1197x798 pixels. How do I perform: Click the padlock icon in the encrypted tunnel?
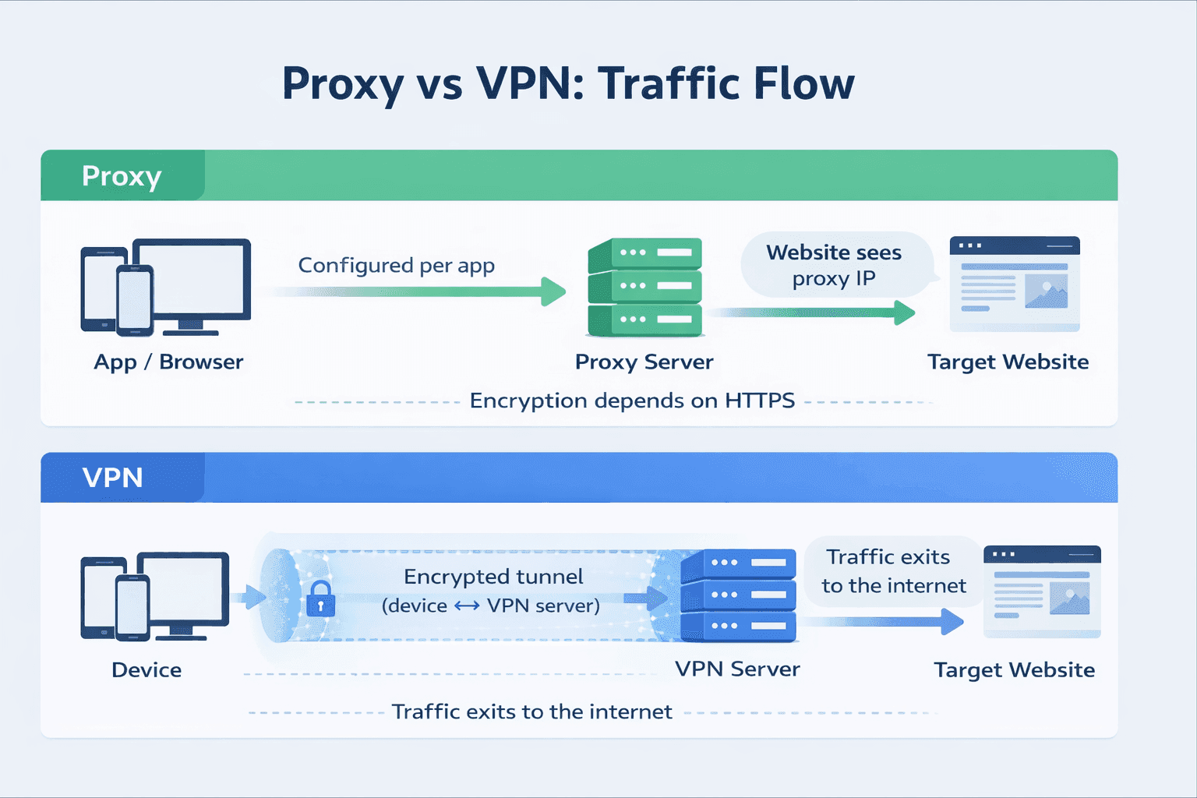[x=320, y=598]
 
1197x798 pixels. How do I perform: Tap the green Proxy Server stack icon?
[x=645, y=288]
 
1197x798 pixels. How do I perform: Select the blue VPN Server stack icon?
[x=738, y=595]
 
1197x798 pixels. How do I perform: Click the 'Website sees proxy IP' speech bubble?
[x=835, y=265]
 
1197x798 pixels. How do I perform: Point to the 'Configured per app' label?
[x=396, y=266]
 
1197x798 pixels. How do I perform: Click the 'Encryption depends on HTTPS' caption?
[x=631, y=401]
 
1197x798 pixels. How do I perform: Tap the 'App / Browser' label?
[x=168, y=362]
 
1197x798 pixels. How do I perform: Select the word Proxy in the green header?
[x=122, y=176]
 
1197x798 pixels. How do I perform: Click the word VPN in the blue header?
[x=113, y=477]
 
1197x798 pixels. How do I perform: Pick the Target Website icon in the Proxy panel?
[x=1015, y=284]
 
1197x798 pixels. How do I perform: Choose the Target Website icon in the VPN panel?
[x=1042, y=591]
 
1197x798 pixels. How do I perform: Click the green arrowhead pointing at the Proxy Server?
[x=554, y=291]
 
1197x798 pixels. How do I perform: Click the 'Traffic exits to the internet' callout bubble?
[x=893, y=571]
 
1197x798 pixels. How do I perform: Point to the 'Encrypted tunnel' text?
[x=493, y=577]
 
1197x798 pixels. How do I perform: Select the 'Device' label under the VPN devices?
[x=147, y=670]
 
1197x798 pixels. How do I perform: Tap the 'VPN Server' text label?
[x=737, y=669]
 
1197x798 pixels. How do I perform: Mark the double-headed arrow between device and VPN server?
[x=467, y=606]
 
